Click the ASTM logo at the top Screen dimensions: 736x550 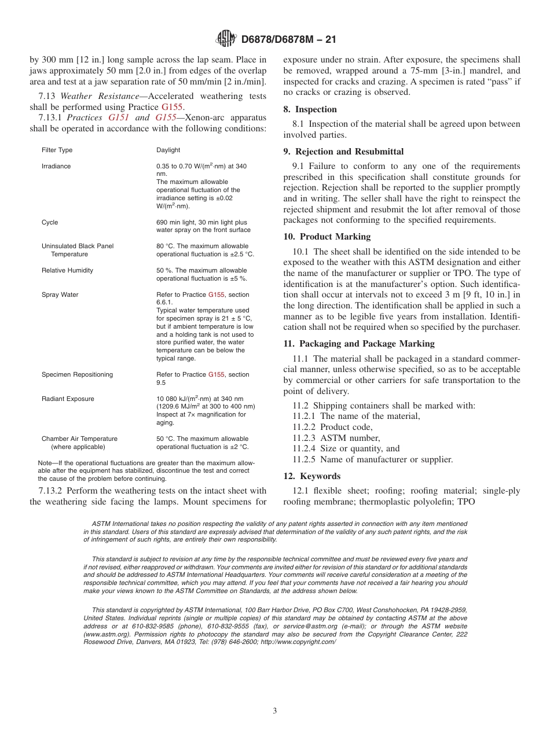[x=226, y=39]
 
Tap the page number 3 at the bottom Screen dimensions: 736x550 [x=275, y=711]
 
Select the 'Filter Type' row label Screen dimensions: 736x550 [x=57, y=150]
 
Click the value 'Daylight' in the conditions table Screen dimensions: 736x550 [x=168, y=150]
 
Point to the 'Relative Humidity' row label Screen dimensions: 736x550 [x=67, y=270]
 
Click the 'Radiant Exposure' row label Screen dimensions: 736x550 [x=67, y=399]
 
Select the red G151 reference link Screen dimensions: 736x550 [x=119, y=117]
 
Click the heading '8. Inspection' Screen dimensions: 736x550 [x=310, y=109]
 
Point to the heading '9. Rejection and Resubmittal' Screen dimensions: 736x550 [x=343, y=152]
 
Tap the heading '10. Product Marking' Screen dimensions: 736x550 [x=327, y=237]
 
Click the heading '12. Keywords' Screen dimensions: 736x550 [x=311, y=476]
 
